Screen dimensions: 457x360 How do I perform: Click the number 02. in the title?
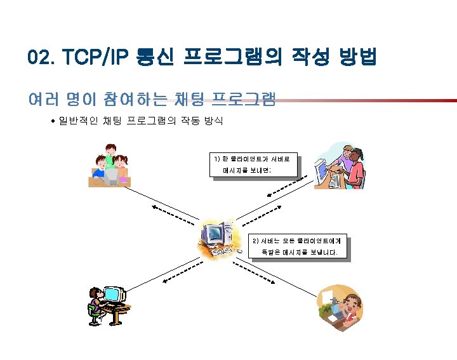coord(42,58)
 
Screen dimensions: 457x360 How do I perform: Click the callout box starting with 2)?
coord(299,247)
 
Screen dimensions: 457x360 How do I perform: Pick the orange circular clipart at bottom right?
coord(340,308)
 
